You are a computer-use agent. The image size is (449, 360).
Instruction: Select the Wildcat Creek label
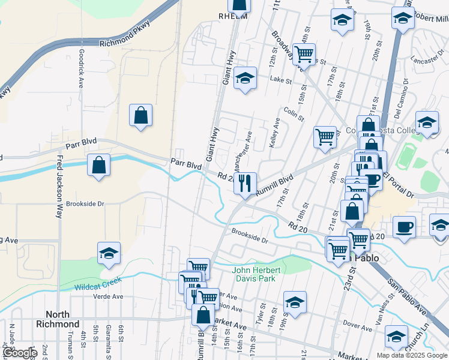coord(98,284)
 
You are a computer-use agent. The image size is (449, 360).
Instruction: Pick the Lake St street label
coord(280,80)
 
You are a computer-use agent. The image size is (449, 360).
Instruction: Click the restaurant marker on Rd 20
coord(245,182)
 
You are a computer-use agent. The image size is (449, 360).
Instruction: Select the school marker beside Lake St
coord(245,78)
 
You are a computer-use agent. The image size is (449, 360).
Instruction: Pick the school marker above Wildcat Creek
coord(109,253)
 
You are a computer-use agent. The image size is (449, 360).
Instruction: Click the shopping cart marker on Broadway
coord(304,53)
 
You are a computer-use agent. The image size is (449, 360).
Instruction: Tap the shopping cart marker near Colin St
coord(325,136)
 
